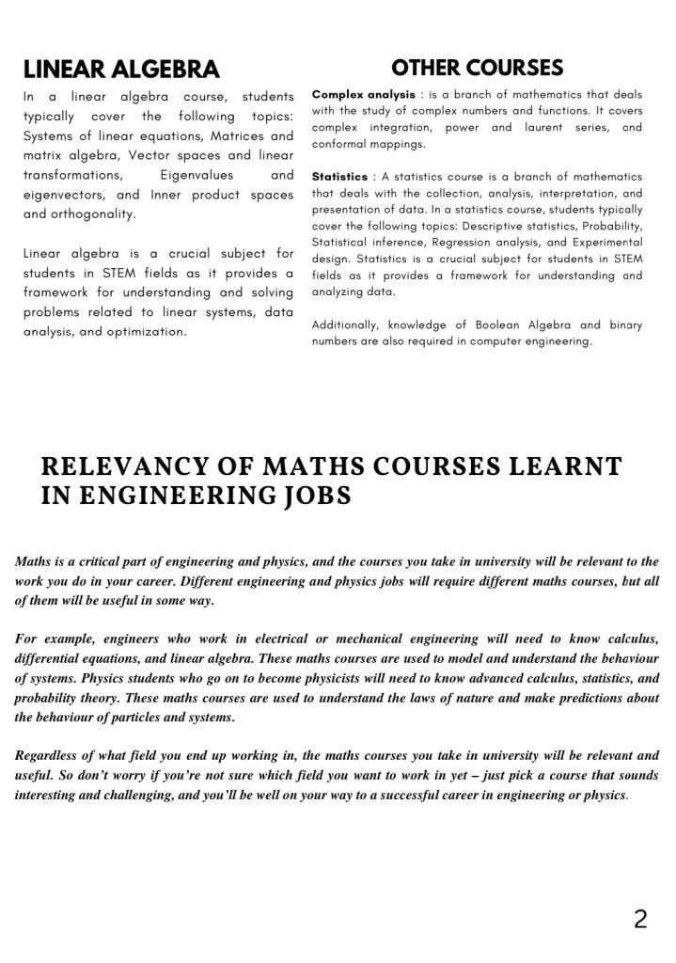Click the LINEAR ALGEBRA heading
121,69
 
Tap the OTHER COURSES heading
477,67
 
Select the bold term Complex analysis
363,96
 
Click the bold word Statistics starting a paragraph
339,177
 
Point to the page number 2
640,919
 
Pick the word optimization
146,332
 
